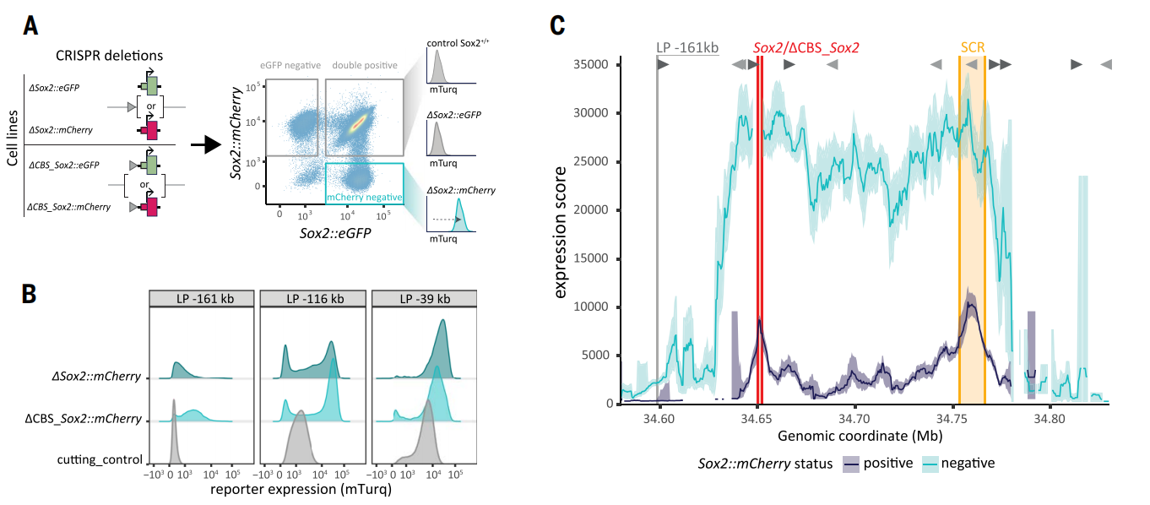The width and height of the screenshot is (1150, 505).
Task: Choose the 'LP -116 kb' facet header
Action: (x=313, y=299)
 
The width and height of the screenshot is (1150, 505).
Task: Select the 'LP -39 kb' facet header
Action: (x=424, y=299)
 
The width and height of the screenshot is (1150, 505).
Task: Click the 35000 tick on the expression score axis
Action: (x=592, y=64)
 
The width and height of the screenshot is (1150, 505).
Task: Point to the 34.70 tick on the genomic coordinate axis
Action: (x=854, y=417)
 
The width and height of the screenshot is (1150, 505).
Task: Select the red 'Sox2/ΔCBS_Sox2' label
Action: (x=811, y=48)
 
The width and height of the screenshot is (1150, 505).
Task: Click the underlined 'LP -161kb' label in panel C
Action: (x=687, y=48)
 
